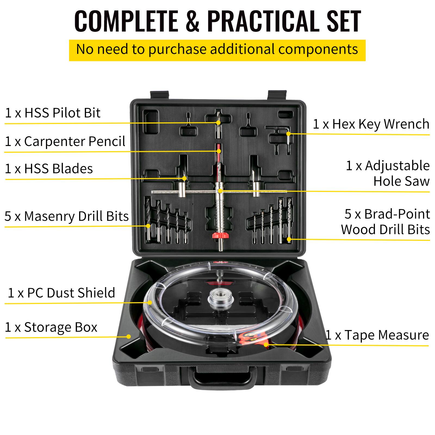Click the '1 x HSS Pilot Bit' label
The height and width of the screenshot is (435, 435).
53,113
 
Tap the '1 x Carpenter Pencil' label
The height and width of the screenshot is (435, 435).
65,141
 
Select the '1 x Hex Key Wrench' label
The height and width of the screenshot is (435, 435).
371,124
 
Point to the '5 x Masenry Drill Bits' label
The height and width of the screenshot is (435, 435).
67,216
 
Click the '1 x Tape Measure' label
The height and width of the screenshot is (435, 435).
377,335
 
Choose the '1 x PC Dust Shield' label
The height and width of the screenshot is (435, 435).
61,293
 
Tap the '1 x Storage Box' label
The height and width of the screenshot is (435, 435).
51,327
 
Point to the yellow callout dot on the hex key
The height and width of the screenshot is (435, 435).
288,134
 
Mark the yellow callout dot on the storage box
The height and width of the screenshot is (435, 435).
129,337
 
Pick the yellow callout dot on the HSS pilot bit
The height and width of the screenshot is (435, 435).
218,123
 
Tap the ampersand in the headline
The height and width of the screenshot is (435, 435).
193,21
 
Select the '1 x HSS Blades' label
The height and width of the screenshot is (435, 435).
49,169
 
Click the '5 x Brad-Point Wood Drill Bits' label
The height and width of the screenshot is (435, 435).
386,222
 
